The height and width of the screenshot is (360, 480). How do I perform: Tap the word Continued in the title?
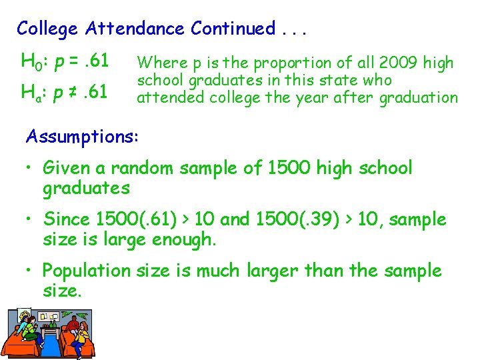(x=233, y=29)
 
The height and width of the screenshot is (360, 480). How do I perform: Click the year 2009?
(x=391, y=63)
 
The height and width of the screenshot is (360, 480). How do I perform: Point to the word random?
(x=141, y=168)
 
